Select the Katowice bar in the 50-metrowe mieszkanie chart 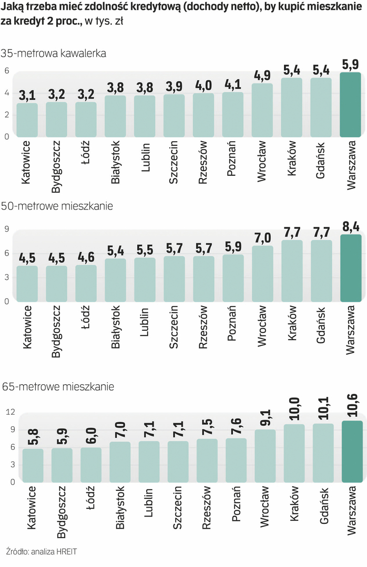(x=27, y=283)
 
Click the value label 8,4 (x=351, y=226)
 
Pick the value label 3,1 (x=27, y=96)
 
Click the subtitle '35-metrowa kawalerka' (x=54, y=53)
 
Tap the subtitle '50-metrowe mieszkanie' (x=57, y=206)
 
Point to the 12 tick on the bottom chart (x=9, y=413)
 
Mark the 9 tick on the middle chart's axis (x=7, y=229)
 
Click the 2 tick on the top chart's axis (x=7, y=114)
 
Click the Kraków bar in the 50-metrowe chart (x=292, y=271)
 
